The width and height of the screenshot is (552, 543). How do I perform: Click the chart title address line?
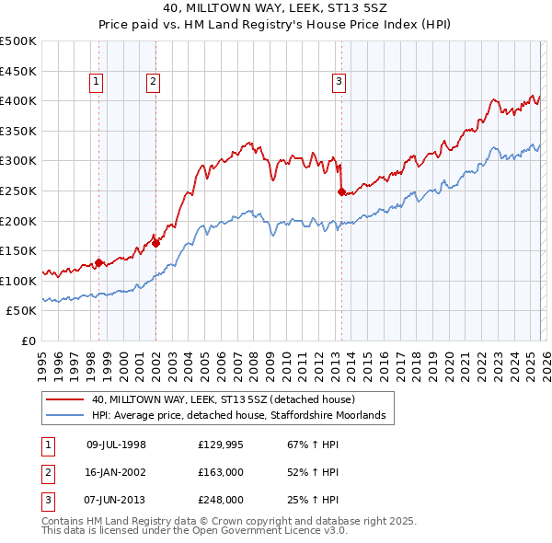tap(276, 9)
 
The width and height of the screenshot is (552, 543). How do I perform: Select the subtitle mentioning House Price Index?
tap(276, 26)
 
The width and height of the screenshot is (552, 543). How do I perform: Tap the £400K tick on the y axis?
tap(18, 100)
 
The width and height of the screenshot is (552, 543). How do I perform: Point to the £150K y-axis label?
tap(18, 250)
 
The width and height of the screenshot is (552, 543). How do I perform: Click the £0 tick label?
tap(28, 341)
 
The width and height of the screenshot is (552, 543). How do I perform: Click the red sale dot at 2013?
tap(341, 192)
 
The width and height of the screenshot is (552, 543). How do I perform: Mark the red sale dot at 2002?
tap(156, 243)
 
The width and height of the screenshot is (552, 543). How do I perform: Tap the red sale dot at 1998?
tap(99, 262)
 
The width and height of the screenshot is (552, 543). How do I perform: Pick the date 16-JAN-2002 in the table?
tap(116, 472)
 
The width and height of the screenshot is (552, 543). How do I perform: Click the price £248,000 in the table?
tap(220, 500)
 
